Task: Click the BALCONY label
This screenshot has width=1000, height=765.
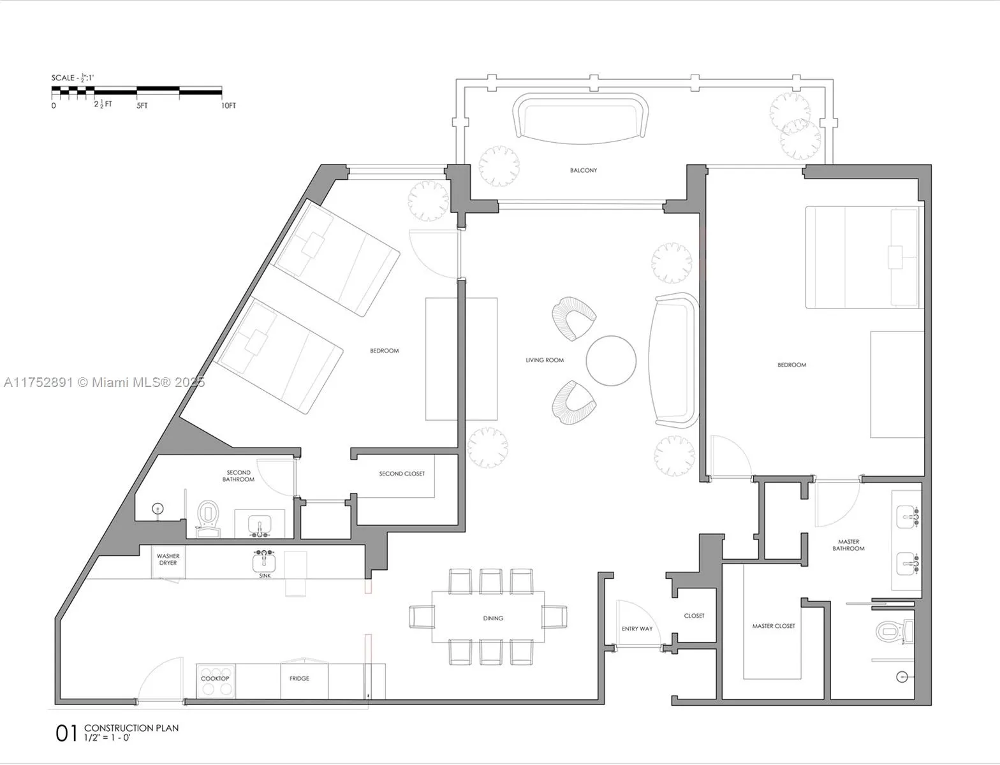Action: tap(584, 170)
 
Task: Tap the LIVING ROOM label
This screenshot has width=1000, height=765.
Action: tap(544, 360)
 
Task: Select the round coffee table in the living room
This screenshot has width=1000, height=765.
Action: tap(611, 360)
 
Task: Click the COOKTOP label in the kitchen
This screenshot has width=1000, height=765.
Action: tap(215, 679)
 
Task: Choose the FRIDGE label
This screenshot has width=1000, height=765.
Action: tap(299, 678)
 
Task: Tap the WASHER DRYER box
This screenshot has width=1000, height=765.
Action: tap(168, 560)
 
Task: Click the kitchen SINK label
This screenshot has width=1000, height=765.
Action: tap(265, 576)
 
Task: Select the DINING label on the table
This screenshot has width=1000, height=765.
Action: tap(493, 618)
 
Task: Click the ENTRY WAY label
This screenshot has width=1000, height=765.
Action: tap(637, 629)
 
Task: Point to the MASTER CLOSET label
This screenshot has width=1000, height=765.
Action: tap(773, 626)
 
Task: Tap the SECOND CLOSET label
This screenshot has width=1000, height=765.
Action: tap(402, 474)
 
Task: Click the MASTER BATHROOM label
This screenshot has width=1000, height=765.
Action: tap(848, 545)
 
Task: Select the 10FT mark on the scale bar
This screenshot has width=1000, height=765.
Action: tap(228, 106)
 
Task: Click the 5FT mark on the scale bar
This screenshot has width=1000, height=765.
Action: tap(142, 106)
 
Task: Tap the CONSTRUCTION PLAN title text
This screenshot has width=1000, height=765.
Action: tap(131, 728)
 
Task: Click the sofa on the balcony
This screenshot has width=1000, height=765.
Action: tap(580, 116)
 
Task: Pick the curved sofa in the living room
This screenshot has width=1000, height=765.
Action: tap(675, 360)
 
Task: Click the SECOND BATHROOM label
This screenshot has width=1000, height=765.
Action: tap(239, 476)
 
